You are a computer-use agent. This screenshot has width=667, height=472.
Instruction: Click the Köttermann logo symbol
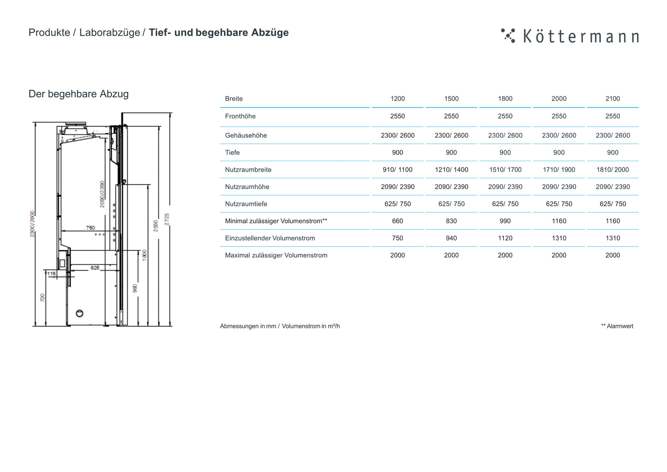click(508, 36)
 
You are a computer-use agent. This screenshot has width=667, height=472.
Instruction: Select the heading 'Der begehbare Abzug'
click(78, 94)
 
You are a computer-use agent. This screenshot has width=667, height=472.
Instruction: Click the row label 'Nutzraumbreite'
click(248, 169)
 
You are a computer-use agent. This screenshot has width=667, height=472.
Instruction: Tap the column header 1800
click(505, 98)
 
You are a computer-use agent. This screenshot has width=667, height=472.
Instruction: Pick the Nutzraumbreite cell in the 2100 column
click(613, 169)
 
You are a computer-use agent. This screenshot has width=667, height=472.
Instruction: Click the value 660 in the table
click(397, 221)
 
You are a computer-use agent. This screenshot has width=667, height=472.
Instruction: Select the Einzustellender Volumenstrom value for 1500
click(451, 238)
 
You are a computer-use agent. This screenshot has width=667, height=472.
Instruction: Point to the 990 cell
click(505, 221)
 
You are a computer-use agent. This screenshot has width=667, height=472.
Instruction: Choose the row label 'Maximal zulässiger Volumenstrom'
click(276, 255)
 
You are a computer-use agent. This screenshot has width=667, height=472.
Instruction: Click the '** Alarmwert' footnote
click(617, 326)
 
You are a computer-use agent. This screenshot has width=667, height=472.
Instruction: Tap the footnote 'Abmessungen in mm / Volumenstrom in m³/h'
click(280, 326)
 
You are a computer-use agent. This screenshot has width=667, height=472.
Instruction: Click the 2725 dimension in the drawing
click(167, 219)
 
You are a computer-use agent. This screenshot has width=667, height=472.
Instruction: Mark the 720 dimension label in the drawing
click(42, 297)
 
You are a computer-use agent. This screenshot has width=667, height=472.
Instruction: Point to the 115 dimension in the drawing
click(51, 274)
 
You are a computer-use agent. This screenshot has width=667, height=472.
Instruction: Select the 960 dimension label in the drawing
click(135, 288)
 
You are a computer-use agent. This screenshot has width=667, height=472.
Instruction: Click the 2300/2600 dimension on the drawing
click(32, 224)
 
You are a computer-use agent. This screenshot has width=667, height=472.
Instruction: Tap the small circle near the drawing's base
click(79, 314)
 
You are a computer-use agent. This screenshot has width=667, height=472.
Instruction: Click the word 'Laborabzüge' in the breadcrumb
click(109, 33)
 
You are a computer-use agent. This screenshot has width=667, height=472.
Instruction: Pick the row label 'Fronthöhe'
click(240, 116)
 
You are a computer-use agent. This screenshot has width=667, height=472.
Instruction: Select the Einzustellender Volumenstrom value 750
click(397, 238)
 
